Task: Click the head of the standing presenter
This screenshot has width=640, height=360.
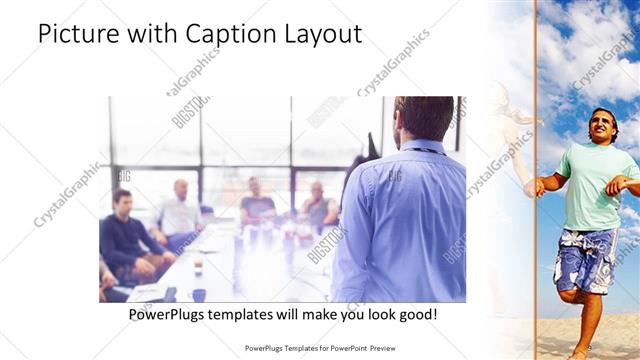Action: pos(424,117)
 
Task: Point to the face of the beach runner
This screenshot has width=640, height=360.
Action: pos(602,127)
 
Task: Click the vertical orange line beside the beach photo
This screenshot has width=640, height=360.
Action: pos(536,180)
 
